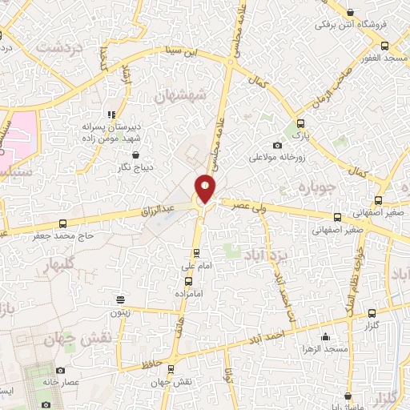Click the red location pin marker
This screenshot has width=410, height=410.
coord(205,188)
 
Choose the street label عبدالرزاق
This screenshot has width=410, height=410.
coord(161,211)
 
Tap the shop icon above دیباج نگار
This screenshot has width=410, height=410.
coord(135,155)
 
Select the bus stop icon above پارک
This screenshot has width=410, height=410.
coord(300,123)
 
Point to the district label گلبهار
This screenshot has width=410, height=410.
coord(60,264)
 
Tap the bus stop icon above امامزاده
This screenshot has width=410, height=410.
coord(188,281)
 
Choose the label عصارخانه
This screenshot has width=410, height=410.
coord(83,383)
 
